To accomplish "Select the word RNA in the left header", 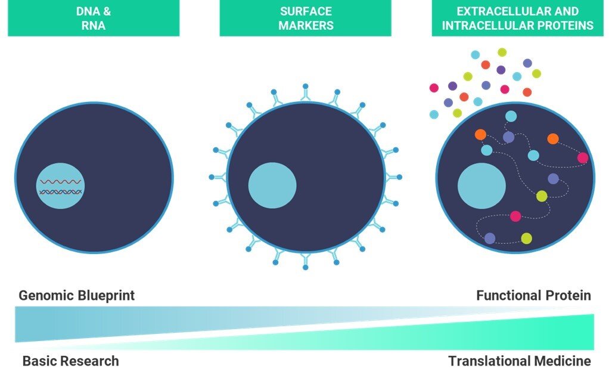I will (94, 26).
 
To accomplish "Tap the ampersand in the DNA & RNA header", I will (107, 11).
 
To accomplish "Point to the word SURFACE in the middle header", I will (306, 11).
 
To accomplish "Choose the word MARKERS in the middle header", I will (306, 26).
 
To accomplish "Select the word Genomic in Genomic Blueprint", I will (47, 295).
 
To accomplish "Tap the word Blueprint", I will (105, 295).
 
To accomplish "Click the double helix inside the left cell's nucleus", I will (60, 191).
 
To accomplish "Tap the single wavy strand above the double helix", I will (60, 181).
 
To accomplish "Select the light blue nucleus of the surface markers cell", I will (272, 185).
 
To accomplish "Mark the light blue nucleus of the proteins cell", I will (481, 185).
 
